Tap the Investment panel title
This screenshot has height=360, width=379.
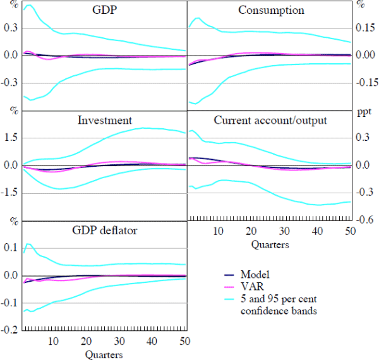104,120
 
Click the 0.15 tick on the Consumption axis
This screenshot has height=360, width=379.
365,28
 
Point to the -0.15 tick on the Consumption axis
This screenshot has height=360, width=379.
364,83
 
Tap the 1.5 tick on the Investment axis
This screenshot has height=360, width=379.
10,138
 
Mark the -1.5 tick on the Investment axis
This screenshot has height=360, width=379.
9,193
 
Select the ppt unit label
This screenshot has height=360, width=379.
364,112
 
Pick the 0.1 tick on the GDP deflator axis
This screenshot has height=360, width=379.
10,248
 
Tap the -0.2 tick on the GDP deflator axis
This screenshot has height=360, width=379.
9,330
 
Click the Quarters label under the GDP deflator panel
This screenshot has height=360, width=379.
104,354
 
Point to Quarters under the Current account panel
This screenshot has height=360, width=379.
271,244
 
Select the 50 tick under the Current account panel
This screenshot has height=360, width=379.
349,231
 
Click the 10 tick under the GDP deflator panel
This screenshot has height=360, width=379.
53,341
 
